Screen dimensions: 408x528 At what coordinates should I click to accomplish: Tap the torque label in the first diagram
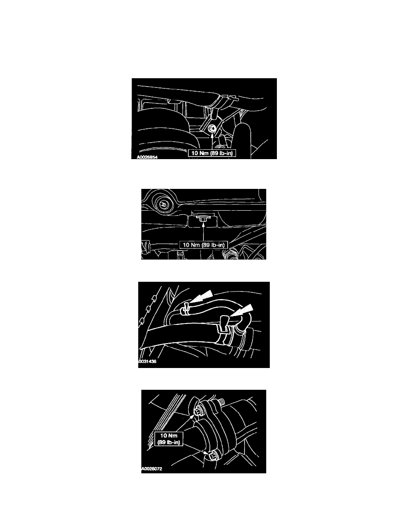tap(212, 153)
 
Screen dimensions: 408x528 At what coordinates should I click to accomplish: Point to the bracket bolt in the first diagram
tap(212, 128)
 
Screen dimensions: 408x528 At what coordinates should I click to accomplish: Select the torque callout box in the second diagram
tap(204, 245)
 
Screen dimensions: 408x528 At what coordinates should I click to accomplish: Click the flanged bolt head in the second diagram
tap(203, 219)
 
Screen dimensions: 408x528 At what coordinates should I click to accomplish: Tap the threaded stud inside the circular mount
tap(164, 204)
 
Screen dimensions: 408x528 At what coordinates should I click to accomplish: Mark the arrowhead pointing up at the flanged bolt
tap(203, 224)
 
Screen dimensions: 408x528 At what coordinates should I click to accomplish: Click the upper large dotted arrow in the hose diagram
tap(202, 298)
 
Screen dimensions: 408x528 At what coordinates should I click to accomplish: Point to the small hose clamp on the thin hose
tap(185, 308)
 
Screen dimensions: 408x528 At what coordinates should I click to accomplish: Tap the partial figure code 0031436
tap(148, 362)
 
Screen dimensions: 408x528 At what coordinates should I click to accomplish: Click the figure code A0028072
tap(152, 468)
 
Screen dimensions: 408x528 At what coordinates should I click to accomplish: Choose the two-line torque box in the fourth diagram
tap(169, 439)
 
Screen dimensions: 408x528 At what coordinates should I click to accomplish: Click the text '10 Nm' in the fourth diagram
tap(169, 436)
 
